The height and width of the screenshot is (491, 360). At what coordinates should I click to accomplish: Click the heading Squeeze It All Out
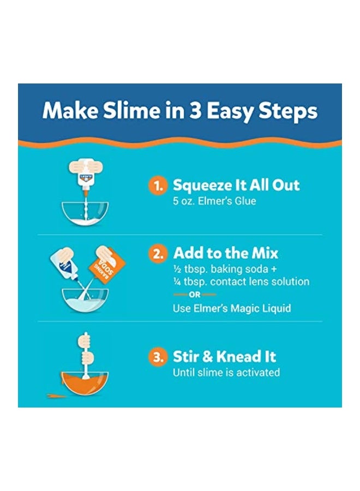click(236, 185)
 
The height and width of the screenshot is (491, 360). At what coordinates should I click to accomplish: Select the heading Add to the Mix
click(225, 253)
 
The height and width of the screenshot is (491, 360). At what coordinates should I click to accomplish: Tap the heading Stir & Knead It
click(224, 357)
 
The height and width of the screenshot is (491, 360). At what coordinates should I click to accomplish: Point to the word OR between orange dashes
click(194, 295)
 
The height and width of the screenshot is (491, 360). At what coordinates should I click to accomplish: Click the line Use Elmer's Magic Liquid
click(232, 308)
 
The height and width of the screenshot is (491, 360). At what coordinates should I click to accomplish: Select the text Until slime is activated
click(226, 373)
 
